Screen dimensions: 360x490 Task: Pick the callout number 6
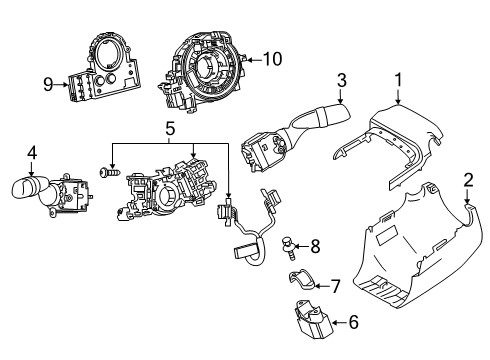pos(352,322)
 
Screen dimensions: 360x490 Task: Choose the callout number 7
pos(335,286)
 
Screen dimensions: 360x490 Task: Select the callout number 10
pos(272,60)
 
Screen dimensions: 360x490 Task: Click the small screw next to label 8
pos(289,243)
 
